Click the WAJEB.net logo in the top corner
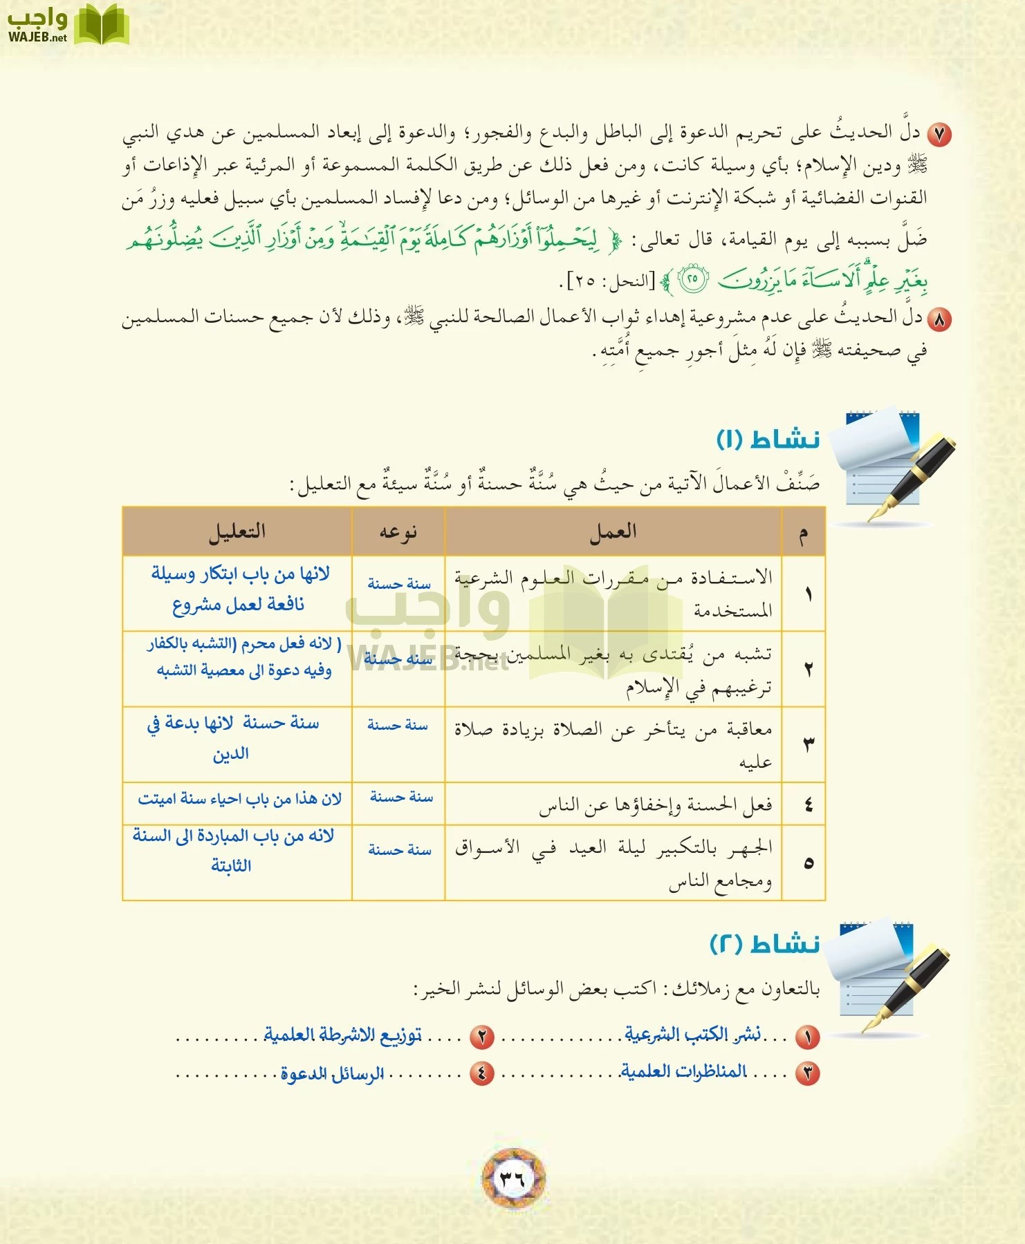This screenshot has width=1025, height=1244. (68, 25)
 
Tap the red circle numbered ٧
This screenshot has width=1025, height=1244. (939, 135)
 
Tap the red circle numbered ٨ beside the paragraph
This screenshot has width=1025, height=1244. (939, 319)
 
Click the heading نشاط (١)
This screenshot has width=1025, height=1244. (768, 439)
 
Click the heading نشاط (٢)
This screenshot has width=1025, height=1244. (765, 943)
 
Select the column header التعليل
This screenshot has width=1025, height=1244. (237, 531)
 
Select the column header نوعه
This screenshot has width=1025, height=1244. (398, 531)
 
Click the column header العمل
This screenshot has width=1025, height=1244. (613, 531)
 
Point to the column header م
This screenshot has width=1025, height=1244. (803, 533)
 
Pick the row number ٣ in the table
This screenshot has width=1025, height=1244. (807, 744)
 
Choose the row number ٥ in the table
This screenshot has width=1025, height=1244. (807, 863)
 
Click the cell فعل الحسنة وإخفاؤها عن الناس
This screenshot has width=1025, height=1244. (655, 805)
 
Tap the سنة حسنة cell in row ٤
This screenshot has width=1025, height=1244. (401, 797)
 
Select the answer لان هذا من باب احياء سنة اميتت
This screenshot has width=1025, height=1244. (239, 799)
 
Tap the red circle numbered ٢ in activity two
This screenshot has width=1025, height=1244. (482, 1037)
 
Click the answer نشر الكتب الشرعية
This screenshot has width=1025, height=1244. (692, 1034)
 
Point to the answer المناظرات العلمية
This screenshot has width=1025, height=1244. (683, 1071)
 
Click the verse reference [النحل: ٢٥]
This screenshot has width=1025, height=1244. (610, 281)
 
